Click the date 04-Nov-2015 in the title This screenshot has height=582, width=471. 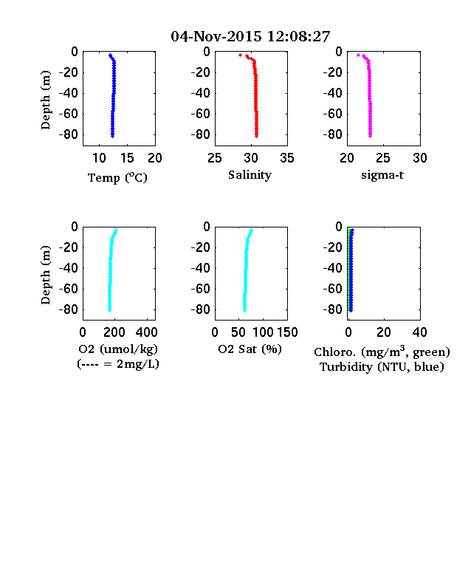point(216,36)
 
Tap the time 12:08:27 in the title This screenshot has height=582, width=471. point(298,36)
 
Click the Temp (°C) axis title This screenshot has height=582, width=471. point(117,178)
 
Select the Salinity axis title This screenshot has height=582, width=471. point(250,175)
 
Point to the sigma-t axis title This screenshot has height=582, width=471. point(382,175)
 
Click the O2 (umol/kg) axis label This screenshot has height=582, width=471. point(118,349)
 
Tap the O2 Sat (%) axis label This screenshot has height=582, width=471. point(250,349)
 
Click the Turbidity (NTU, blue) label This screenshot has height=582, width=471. point(382,367)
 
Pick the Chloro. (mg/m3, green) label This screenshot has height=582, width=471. point(382,352)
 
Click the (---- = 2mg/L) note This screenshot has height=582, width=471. point(118,364)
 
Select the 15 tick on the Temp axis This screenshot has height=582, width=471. point(127,158)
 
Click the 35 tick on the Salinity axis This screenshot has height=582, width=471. point(287,158)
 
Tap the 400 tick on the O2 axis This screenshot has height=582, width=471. point(146,332)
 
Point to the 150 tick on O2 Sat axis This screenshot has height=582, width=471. point(287,332)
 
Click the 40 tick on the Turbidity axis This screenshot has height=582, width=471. point(419,332)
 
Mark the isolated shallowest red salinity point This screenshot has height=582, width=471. point(241,55)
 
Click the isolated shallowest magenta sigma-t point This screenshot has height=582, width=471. point(358,55)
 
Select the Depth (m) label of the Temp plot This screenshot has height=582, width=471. point(45,100)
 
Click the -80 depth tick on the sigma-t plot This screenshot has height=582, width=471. point(333,134)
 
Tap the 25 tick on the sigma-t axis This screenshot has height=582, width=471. point(382,158)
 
